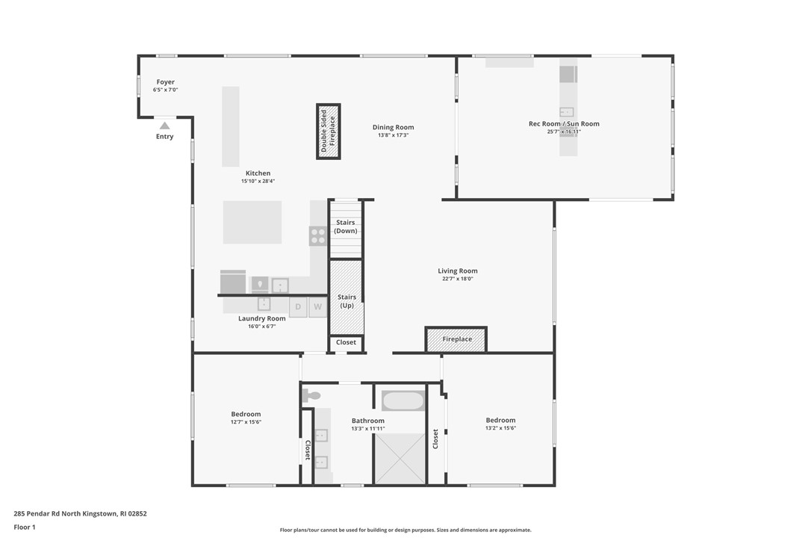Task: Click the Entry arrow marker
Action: [x=164, y=126]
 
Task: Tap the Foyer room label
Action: [x=165, y=82]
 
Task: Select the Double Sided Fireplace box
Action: [x=329, y=132]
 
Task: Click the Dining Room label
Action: [x=393, y=127]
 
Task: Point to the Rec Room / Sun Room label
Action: [x=564, y=124]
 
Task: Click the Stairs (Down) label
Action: [x=345, y=227]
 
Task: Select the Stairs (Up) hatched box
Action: [x=347, y=297]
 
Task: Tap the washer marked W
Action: [x=317, y=306]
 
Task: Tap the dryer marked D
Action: [x=298, y=306]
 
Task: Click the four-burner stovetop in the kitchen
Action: [x=318, y=236]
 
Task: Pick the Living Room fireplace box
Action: [x=456, y=339]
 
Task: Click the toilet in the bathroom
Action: [x=311, y=396]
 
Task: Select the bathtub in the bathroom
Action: [x=403, y=401]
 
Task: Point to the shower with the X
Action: [x=400, y=458]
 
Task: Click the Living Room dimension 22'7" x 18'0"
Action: [x=457, y=279]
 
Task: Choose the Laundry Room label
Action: [x=261, y=318]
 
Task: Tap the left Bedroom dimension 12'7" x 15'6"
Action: [x=246, y=422]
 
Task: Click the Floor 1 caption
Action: [x=25, y=528]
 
